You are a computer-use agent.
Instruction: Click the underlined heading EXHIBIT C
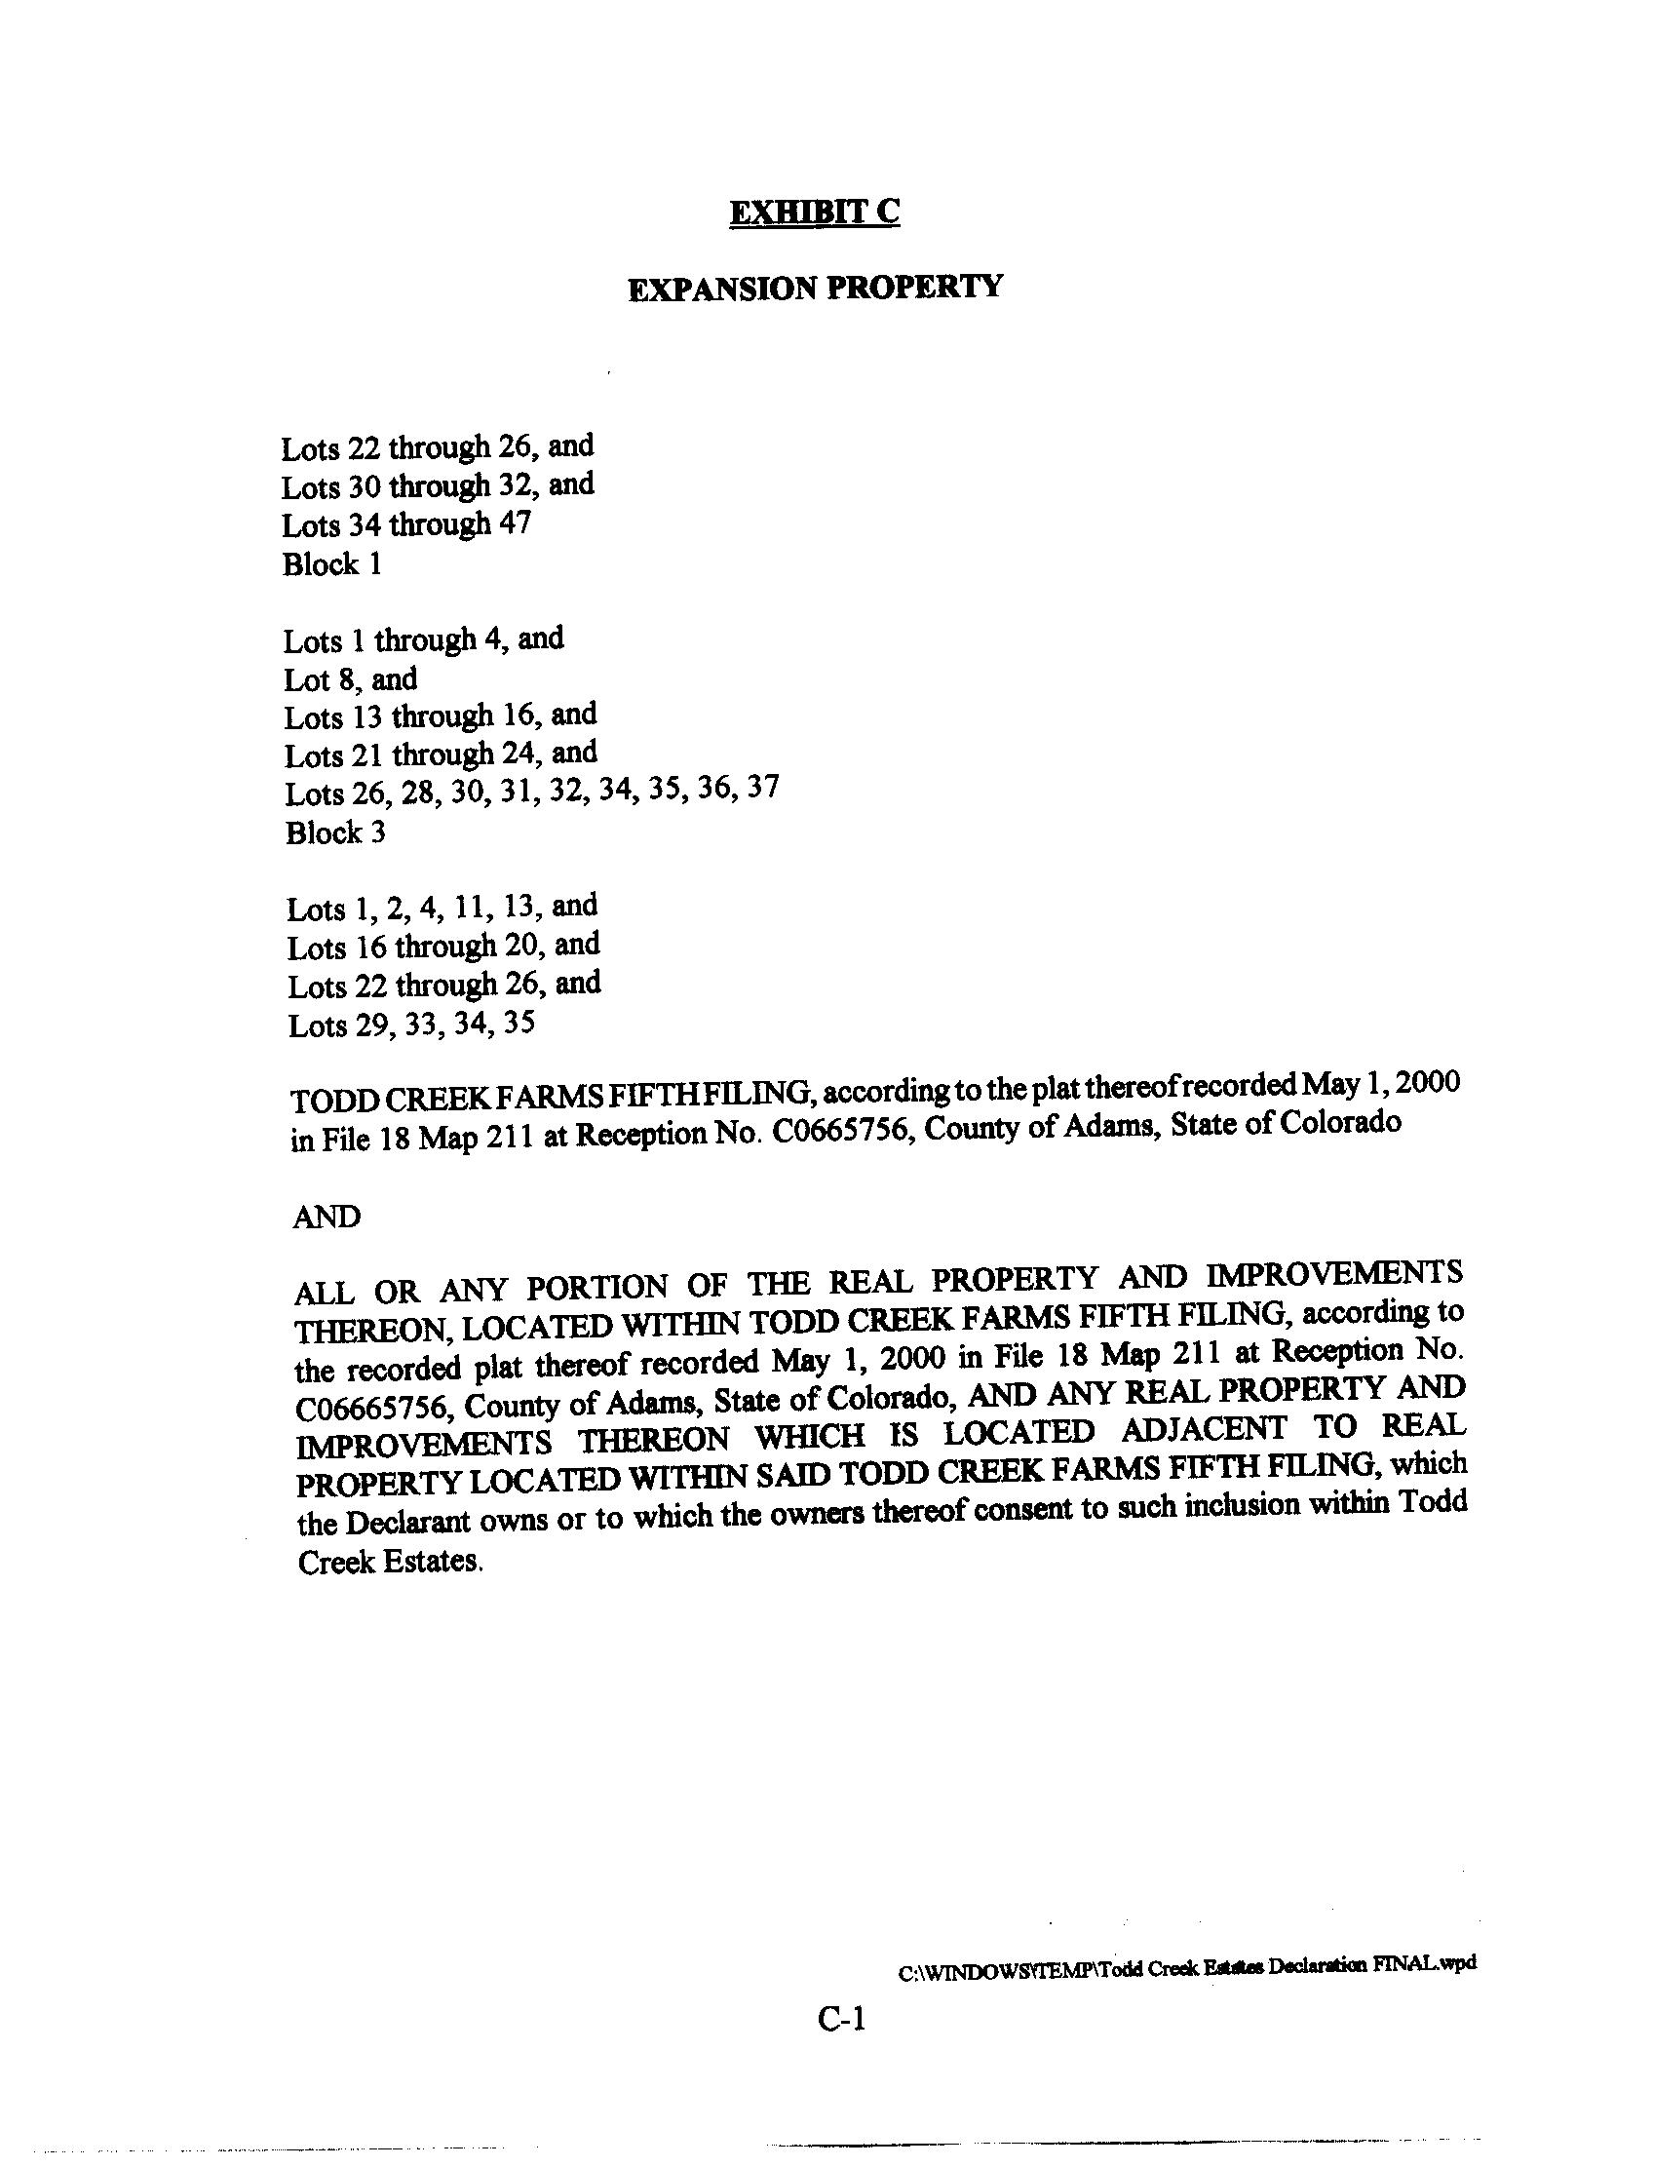pyautogui.click(x=814, y=213)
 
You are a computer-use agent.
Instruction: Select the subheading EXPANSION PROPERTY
pyautogui.click(x=816, y=288)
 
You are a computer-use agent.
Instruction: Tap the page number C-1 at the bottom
pyautogui.click(x=841, y=2021)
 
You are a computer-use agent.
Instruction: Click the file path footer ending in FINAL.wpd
pyautogui.click(x=1186, y=1964)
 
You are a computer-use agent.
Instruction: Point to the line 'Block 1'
pyautogui.click(x=331, y=563)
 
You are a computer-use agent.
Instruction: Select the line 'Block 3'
pyautogui.click(x=335, y=832)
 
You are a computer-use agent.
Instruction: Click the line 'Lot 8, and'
pyautogui.click(x=350, y=679)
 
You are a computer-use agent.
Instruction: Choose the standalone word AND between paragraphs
pyautogui.click(x=327, y=1218)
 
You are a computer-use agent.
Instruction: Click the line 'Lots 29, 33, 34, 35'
pyautogui.click(x=411, y=1025)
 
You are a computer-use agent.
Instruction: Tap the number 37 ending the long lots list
pyautogui.click(x=762, y=789)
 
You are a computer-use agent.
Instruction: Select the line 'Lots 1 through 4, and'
pyautogui.click(x=424, y=639)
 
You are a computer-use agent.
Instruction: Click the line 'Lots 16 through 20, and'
pyautogui.click(x=443, y=946)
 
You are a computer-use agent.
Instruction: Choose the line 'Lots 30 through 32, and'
pyautogui.click(x=438, y=485)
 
